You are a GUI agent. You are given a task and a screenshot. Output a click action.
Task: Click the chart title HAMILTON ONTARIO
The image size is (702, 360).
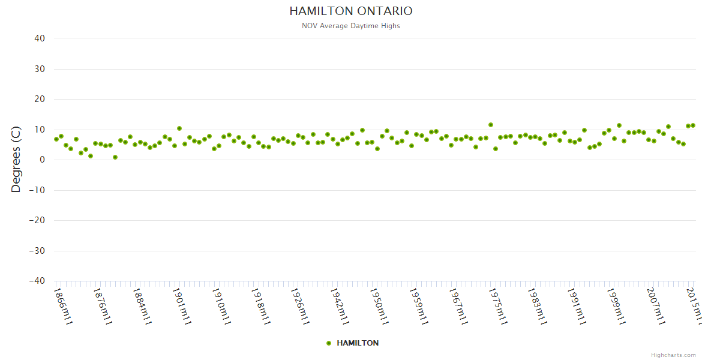click(x=351, y=11)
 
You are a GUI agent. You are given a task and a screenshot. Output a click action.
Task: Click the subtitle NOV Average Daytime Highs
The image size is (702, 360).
click(x=351, y=26)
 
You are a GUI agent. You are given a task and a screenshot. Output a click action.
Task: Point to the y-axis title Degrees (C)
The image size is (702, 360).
click(x=16, y=159)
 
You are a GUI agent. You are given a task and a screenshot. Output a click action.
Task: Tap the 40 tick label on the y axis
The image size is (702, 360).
click(x=40, y=38)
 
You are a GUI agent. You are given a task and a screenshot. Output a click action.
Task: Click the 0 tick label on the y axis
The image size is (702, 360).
click(x=43, y=160)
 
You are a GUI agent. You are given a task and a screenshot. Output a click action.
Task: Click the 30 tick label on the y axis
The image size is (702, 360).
click(x=40, y=69)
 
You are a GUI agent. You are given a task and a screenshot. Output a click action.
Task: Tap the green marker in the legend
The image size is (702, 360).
click(x=329, y=343)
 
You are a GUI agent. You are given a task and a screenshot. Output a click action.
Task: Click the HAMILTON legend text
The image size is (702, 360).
click(x=358, y=343)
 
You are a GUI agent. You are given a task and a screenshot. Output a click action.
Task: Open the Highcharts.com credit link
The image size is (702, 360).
click(x=673, y=355)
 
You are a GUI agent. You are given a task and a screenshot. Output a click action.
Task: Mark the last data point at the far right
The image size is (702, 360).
click(x=693, y=125)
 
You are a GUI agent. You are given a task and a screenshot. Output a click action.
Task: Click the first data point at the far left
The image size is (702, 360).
click(x=56, y=139)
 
